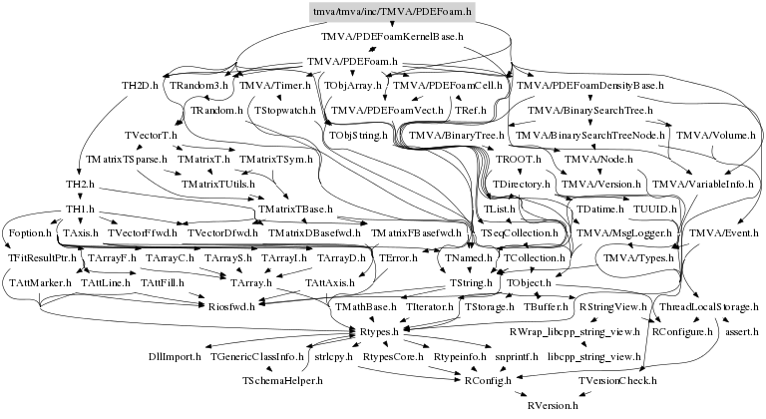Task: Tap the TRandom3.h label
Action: pos(199,87)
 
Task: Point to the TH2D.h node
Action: pos(140,87)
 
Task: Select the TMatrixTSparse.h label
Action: pos(127,160)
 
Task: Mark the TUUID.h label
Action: pos(655,209)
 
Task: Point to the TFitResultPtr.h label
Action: pos(43,257)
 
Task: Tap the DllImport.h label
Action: pos(175,356)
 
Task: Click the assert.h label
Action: pos(742,331)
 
